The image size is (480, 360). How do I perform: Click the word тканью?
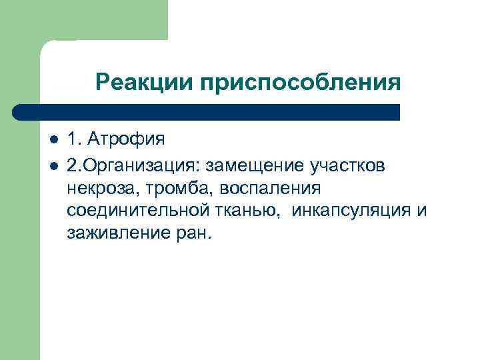tap(227, 211)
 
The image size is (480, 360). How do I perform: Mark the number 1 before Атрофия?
tap(71, 141)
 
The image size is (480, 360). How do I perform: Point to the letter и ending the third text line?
tap(421, 211)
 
